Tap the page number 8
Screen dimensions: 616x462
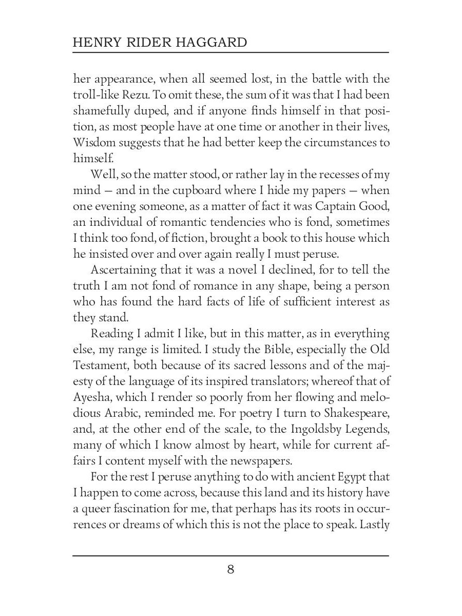230,569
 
